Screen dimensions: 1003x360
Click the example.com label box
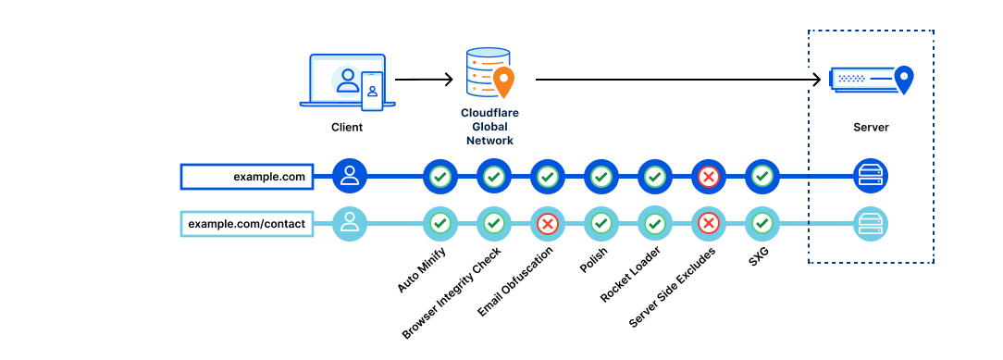click(x=247, y=177)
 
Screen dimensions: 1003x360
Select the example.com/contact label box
click(x=247, y=225)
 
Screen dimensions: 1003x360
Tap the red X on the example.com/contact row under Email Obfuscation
click(x=547, y=224)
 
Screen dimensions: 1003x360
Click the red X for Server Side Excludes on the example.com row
click(x=708, y=176)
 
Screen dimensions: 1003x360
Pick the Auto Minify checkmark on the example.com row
click(x=440, y=176)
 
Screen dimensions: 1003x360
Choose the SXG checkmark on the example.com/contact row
click(x=762, y=224)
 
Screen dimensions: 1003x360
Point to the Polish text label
click(x=593, y=259)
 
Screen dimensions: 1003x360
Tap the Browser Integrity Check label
click(x=451, y=292)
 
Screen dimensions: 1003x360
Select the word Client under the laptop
click(x=347, y=127)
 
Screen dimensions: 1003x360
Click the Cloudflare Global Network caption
click(x=490, y=127)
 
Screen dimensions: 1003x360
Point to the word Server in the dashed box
click(x=871, y=127)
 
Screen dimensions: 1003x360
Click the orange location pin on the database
click(x=503, y=81)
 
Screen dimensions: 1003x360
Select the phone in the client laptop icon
click(x=372, y=91)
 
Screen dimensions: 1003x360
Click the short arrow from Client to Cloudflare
click(x=424, y=80)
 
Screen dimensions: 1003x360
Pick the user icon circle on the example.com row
click(x=349, y=176)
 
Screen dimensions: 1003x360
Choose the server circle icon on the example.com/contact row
click(x=871, y=224)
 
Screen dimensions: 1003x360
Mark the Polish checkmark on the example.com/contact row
click(x=601, y=224)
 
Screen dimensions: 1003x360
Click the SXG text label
click(x=758, y=255)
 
